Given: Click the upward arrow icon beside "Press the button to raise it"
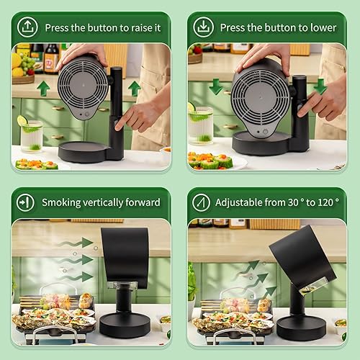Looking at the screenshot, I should pyautogui.click(x=27, y=27).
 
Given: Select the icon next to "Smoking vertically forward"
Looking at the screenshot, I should pyautogui.click(x=27, y=203).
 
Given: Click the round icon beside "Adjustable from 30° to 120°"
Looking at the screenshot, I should pyautogui.click(x=202, y=203).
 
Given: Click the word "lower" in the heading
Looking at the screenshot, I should pyautogui.click(x=321, y=28).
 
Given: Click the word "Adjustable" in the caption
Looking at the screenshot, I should pyautogui.click(x=243, y=203).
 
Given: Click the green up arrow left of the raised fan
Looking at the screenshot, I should pyautogui.click(x=43, y=88).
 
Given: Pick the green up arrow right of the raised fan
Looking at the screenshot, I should pyautogui.click(x=134, y=88).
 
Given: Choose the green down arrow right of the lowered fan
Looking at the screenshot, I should pyautogui.click(x=320, y=87).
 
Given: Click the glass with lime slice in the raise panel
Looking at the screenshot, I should pyautogui.click(x=31, y=135).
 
